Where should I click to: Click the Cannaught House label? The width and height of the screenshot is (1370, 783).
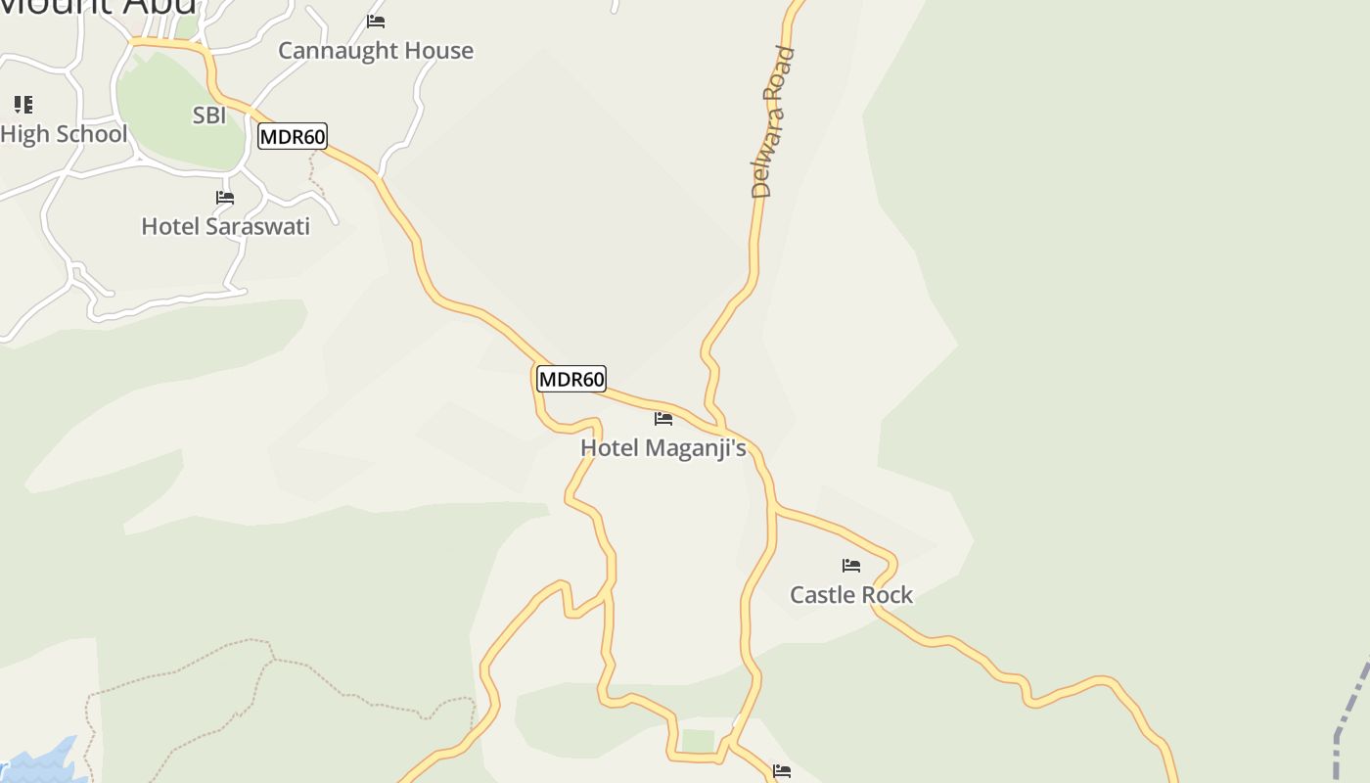(376, 51)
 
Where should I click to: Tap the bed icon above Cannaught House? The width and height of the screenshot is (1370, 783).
(376, 21)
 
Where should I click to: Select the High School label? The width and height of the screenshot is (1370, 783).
(64, 134)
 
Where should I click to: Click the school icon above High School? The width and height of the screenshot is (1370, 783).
(23, 105)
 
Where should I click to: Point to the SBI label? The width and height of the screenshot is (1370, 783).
(209, 115)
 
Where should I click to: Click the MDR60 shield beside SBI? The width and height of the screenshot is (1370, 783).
(293, 136)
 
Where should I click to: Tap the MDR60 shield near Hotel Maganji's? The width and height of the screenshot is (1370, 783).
(571, 379)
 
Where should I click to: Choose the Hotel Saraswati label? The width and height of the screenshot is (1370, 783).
(226, 226)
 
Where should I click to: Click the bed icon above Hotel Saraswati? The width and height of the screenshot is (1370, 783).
(225, 197)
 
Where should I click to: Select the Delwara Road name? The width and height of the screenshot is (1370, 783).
(773, 122)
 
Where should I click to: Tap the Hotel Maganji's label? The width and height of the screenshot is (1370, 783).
(663, 448)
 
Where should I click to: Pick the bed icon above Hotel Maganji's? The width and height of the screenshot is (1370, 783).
(663, 419)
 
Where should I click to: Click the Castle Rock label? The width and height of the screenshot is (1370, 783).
(851, 595)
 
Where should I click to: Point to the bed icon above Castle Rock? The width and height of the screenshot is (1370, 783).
(851, 566)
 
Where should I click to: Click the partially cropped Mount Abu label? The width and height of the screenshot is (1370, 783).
(98, 6)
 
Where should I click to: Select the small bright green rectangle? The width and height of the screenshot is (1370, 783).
(698, 741)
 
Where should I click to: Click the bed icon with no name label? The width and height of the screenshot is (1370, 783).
(781, 772)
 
